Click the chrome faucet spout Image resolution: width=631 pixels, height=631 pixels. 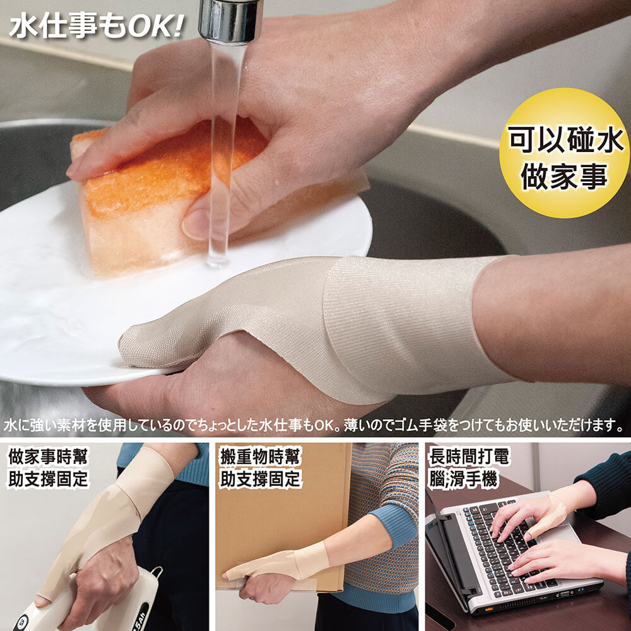(x=230, y=20)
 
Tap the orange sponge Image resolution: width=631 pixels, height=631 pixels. (x=161, y=193)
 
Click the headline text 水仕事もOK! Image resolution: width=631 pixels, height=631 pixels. (x=97, y=27)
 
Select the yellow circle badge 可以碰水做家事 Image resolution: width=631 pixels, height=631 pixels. (x=564, y=153)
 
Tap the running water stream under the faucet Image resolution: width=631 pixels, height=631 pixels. (x=222, y=153)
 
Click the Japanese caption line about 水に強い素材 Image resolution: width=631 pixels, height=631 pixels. (x=314, y=425)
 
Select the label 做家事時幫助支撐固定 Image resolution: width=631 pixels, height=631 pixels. (x=48, y=468)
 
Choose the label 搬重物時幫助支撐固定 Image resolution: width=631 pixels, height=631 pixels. (x=261, y=468)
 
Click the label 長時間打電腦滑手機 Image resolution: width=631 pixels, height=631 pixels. (x=469, y=468)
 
